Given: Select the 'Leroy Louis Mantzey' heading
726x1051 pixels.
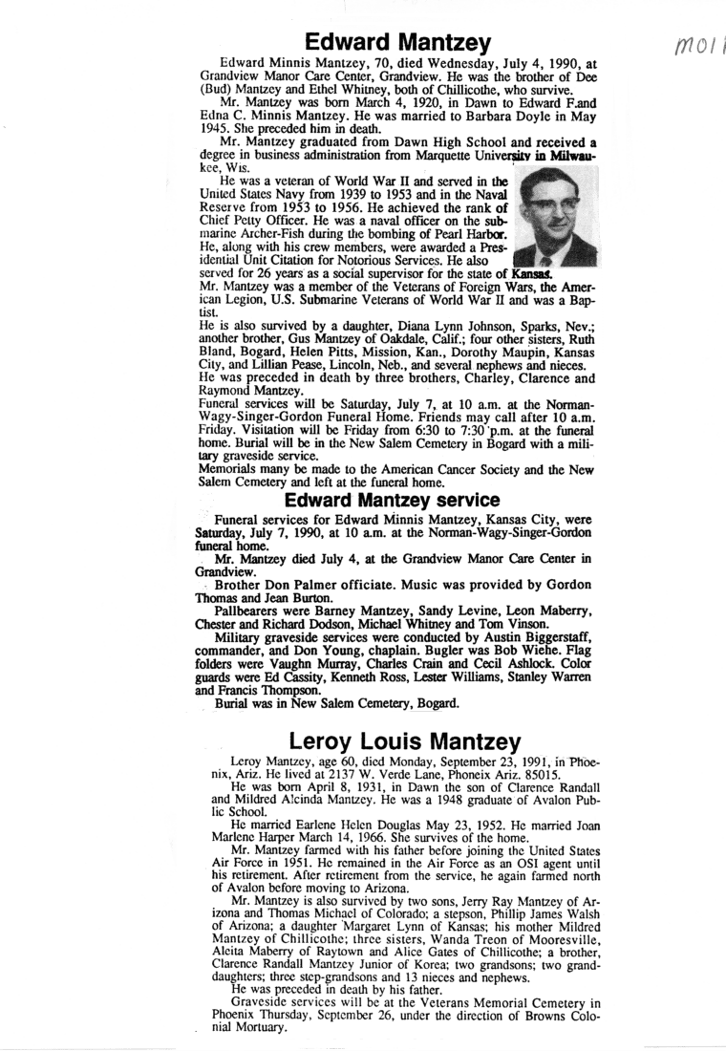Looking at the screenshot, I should click(405, 740).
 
